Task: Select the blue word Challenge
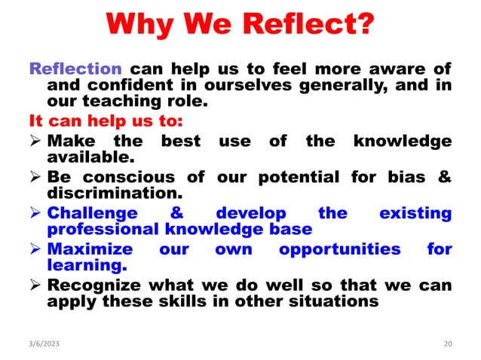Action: (92, 213)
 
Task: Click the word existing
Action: (415, 213)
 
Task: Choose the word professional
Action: (101, 230)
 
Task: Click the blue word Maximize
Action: (90, 249)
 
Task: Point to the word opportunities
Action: (340, 249)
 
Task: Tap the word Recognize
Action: (93, 285)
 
